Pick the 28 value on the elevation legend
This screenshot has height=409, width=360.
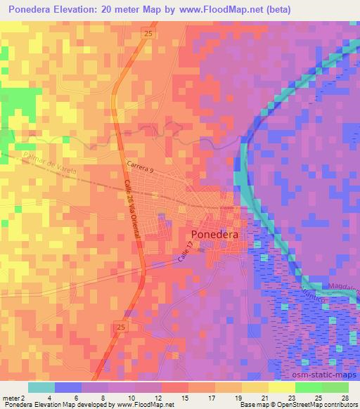tap(345, 398)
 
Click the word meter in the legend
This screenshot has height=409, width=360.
tap(11, 398)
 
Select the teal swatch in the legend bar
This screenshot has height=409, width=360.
tap(41, 387)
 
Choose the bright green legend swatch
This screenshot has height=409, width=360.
tap(308, 387)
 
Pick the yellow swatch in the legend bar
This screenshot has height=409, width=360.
tap(281, 387)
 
